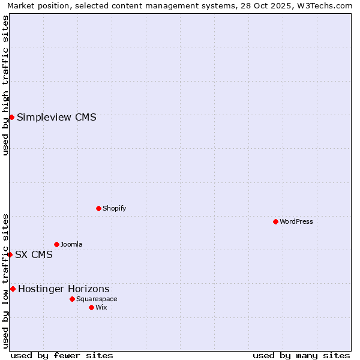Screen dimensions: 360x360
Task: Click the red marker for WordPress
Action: pos(275,221)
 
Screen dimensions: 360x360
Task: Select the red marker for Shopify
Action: pos(98,208)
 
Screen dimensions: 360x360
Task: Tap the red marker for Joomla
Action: pos(56,244)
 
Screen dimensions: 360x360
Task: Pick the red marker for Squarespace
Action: pos(72,299)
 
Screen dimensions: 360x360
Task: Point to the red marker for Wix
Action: pos(91,307)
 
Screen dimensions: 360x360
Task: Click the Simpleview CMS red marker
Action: pos(11,117)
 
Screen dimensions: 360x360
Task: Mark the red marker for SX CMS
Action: pos(10,254)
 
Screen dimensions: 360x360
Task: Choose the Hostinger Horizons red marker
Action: pos(13,289)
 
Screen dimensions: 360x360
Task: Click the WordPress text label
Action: pos(296,221)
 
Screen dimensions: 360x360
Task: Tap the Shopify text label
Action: pos(114,208)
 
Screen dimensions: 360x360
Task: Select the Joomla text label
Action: pos(71,244)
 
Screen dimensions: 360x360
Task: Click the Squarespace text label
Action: pos(97,299)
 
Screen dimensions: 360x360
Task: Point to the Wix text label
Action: pos(101,307)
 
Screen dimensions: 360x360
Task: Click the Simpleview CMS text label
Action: pos(56,117)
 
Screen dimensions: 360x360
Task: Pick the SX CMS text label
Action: pos(34,254)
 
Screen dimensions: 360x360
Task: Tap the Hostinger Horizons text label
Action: pos(64,289)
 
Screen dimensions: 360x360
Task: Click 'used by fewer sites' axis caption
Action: pos(62,355)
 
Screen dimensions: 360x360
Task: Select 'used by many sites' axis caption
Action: pos(301,355)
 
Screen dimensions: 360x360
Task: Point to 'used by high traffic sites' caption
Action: pos(5,85)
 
